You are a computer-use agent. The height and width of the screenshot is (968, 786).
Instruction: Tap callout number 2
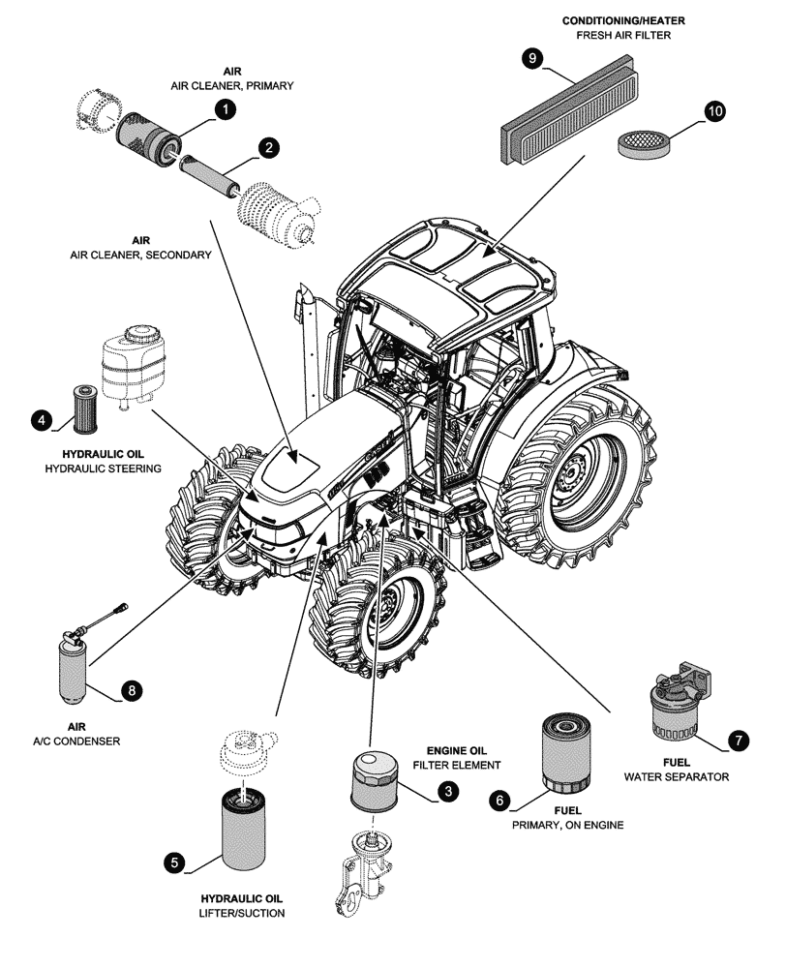coord(268,147)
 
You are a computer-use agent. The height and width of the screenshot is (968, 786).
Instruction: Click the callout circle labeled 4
coord(41,419)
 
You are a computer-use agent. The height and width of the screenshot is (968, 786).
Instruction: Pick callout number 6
coord(500,800)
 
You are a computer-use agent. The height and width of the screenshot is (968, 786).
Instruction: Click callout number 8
coord(132,690)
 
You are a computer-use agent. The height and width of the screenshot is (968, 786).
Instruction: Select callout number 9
coord(531,59)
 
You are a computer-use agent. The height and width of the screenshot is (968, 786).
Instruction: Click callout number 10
coord(714,111)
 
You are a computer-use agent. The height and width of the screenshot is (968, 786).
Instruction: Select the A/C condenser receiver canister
coord(74,668)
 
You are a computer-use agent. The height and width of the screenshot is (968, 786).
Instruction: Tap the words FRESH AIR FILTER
coord(623,36)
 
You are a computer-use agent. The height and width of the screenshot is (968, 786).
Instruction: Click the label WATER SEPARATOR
coord(676,776)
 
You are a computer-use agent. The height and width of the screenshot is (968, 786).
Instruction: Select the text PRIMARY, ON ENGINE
coord(567,825)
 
